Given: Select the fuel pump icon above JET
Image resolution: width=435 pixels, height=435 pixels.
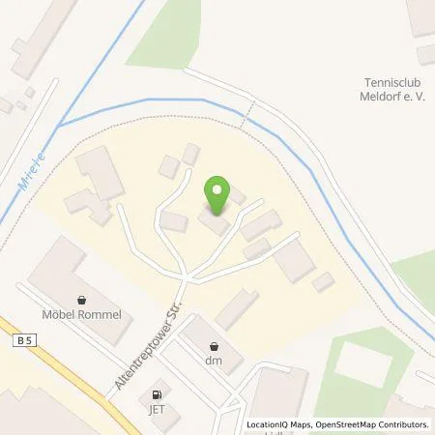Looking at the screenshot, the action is pos(155,393).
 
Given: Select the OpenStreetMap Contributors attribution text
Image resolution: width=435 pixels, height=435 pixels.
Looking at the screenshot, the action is pos(375,424).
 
